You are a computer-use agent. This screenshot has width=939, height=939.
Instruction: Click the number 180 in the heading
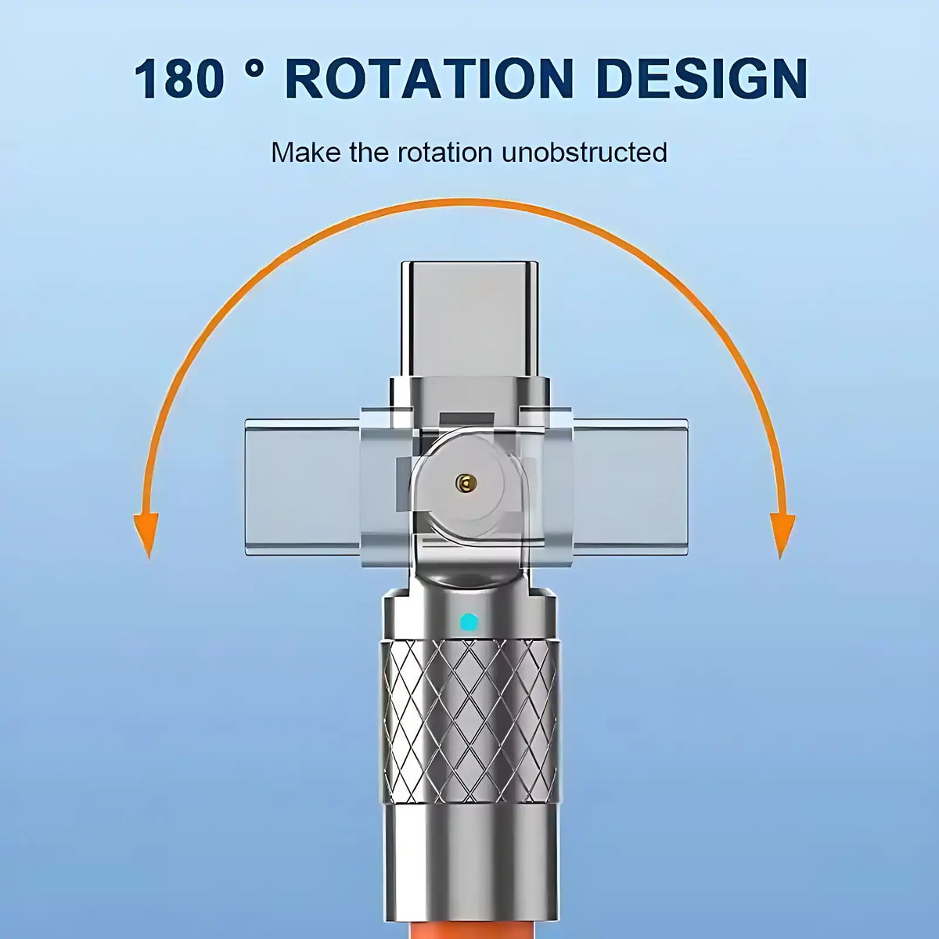click(180, 78)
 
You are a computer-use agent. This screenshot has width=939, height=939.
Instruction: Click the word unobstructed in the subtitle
click(585, 152)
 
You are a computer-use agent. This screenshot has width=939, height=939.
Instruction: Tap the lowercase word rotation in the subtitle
click(445, 152)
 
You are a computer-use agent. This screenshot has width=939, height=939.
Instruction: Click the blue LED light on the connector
click(469, 622)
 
